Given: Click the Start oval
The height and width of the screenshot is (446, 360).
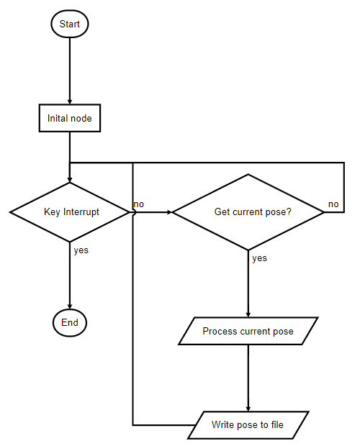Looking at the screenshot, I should coord(70,24).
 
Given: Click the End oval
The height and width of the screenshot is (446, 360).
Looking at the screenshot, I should coord(70,322).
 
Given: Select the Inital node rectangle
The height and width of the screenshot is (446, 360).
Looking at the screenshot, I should coord(70,118).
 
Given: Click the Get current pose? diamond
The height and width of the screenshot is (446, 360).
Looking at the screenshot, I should coord(248,212).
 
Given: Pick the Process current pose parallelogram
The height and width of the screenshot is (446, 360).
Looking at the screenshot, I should coord(248,332).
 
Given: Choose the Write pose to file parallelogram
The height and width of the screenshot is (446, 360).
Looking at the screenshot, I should coord(248,425).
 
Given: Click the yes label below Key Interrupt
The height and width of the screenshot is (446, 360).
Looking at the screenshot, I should coord(81,250).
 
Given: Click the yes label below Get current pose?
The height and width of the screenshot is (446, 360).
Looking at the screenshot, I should coord(260,258).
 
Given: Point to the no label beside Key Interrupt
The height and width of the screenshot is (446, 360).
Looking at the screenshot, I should coord(138,204).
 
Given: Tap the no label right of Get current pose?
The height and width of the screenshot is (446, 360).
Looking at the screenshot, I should coord(333,204).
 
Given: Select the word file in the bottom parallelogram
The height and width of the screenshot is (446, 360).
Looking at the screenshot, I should coord(276,425).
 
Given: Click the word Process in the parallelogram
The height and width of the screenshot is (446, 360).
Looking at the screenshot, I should coord(220,332).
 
